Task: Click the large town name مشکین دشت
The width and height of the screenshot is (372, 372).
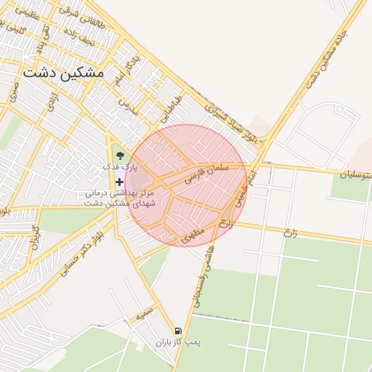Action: coord(63,73)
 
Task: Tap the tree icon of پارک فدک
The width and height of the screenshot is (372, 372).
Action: coord(119,154)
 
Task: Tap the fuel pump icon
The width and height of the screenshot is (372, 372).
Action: coord(179,330)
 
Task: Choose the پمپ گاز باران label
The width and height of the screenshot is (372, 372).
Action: coord(178,341)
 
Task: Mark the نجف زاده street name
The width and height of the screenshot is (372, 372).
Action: coord(78,33)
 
